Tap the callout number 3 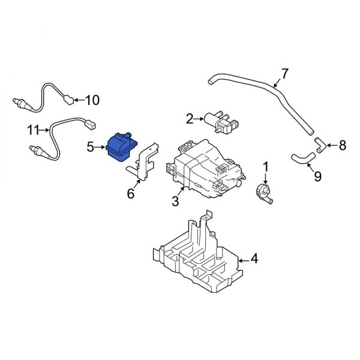point(175,202)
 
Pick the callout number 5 point(91,146)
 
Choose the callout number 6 point(131,194)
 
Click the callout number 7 point(284,74)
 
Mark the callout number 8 point(343,145)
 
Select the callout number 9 point(317,176)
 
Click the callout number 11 point(32,128)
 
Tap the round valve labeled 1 point(262,193)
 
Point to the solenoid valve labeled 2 point(218,121)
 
